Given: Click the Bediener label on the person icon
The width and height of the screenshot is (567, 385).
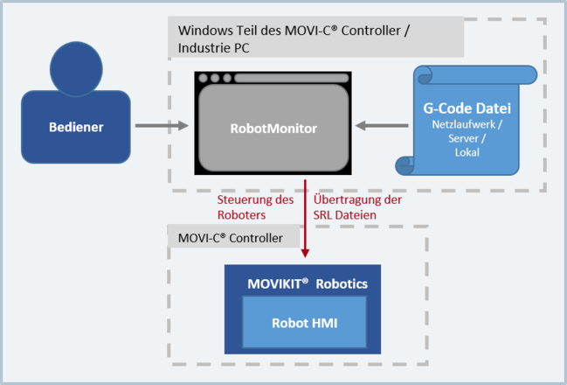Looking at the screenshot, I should [x=76, y=127].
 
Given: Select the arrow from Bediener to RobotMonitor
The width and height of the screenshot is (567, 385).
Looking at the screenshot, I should [x=162, y=127].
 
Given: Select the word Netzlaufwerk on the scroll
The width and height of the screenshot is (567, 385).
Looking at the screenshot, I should [x=465, y=126].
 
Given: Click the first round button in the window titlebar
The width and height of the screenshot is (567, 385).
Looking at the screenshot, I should [x=203, y=79].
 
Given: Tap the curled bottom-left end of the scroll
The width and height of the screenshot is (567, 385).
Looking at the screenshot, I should [x=406, y=164].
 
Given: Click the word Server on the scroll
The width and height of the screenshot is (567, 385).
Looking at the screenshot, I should [x=464, y=139].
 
